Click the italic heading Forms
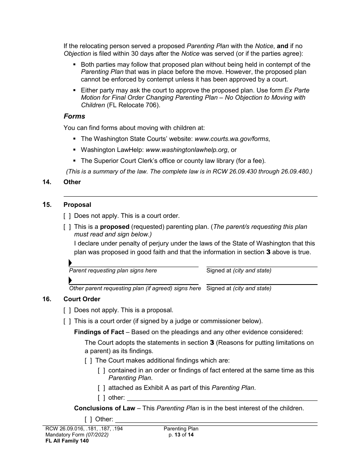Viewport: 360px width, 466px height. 74,116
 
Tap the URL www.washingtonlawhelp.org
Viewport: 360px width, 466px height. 186,150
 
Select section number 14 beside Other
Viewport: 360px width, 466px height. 47,182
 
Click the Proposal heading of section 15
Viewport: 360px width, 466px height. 77,205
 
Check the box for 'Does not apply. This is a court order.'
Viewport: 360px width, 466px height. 67,216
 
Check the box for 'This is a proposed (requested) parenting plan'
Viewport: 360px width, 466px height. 67,227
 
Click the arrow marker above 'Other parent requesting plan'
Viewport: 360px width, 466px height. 70,280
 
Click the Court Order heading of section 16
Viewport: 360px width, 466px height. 82,299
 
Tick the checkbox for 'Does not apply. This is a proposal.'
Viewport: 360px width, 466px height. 67,310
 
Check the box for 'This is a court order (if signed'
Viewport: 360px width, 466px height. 67,321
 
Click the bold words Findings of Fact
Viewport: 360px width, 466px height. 99,332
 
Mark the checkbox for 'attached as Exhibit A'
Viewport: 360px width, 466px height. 101,388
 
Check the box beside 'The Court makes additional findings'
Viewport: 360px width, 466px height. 88,361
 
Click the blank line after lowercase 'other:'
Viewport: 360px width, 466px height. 222,398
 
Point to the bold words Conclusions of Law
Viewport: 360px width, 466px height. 105,408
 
